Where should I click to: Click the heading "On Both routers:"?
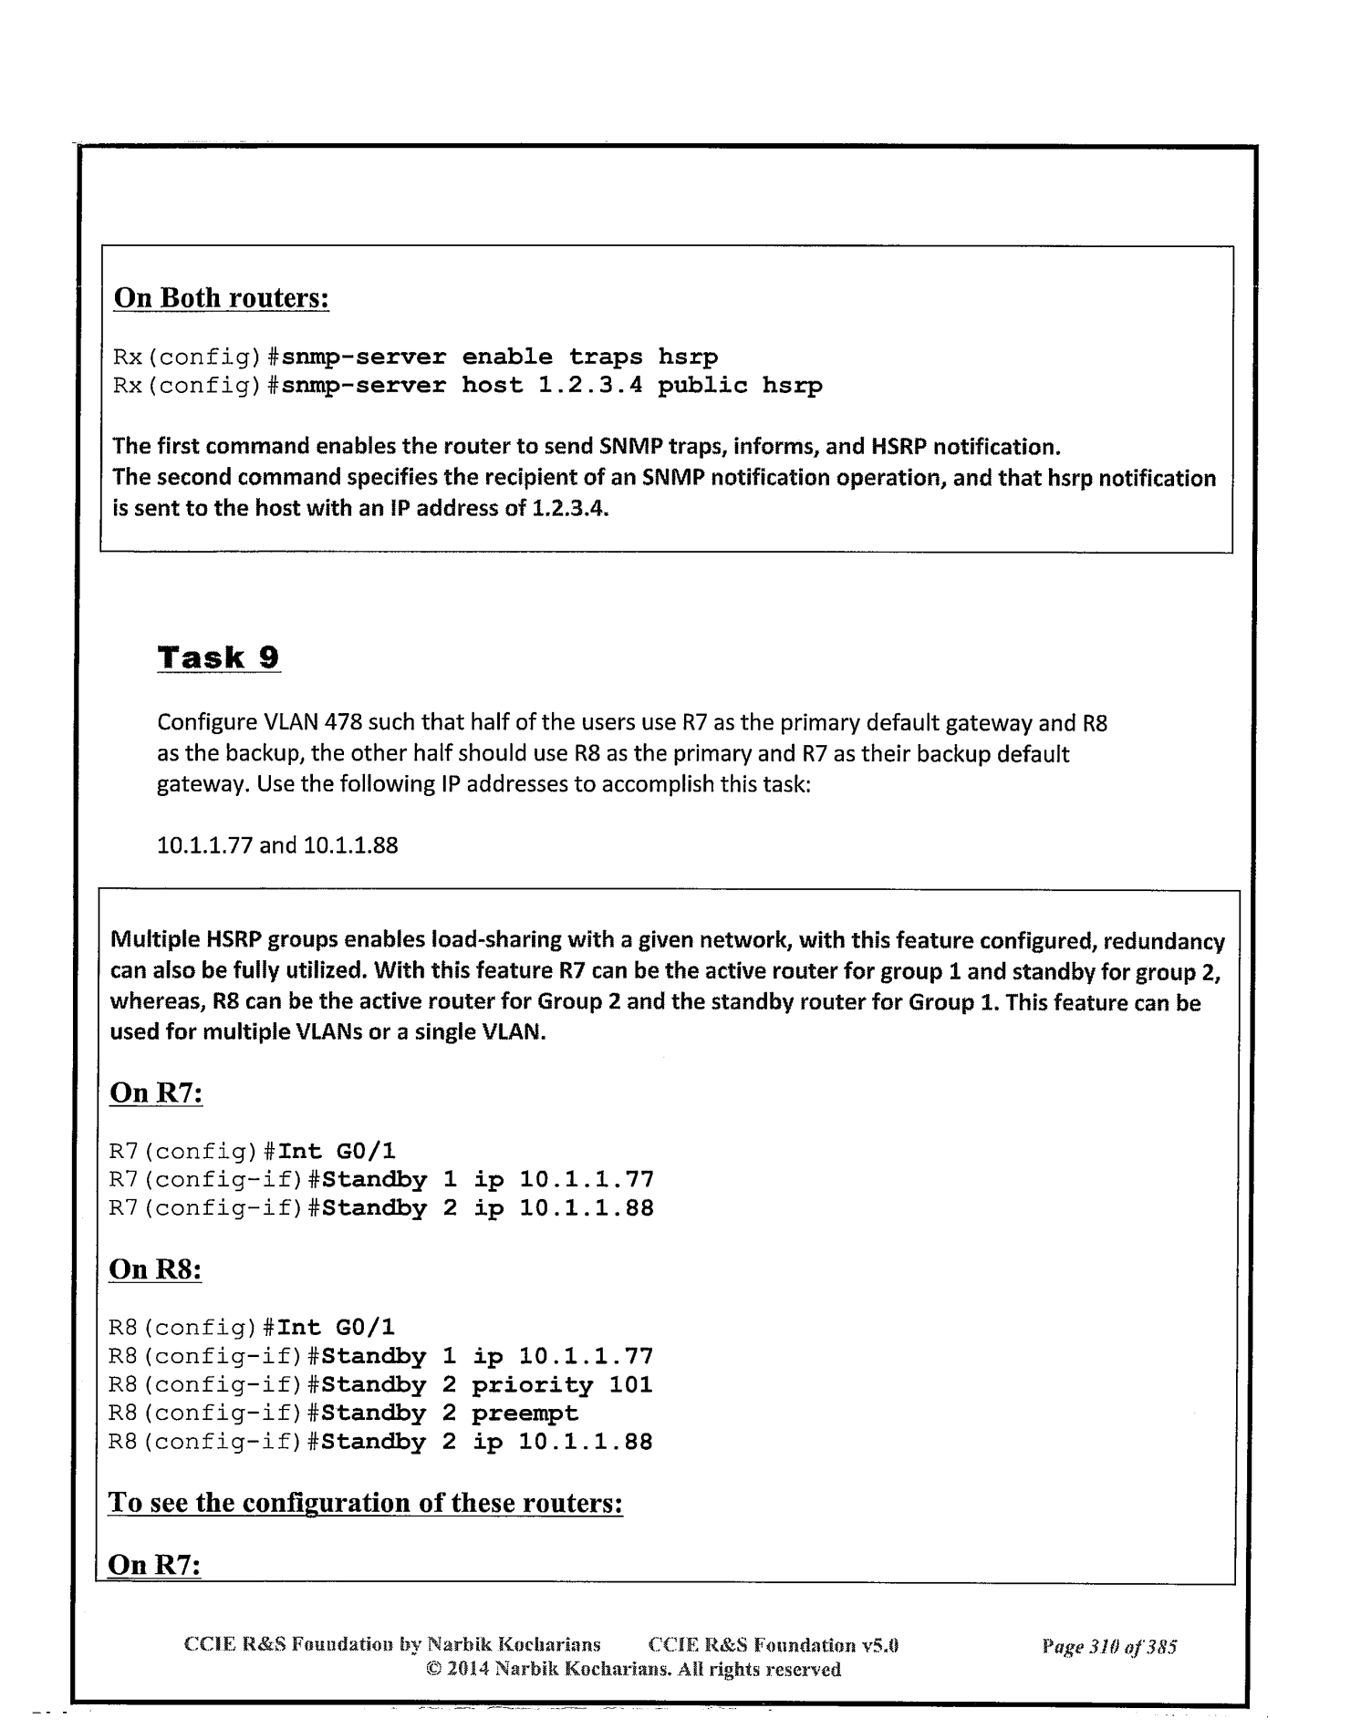220,298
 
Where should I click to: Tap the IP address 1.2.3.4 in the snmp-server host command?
589,385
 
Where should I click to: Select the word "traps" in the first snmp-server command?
605,357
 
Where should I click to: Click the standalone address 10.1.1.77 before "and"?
206,845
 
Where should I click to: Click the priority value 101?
630,1384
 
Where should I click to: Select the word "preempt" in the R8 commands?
525,1413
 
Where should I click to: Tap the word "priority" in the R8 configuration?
532,1384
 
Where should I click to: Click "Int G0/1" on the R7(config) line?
337,1151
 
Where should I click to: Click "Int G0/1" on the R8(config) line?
337,1327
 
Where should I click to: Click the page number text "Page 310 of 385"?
1109,1647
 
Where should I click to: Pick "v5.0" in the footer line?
881,1646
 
